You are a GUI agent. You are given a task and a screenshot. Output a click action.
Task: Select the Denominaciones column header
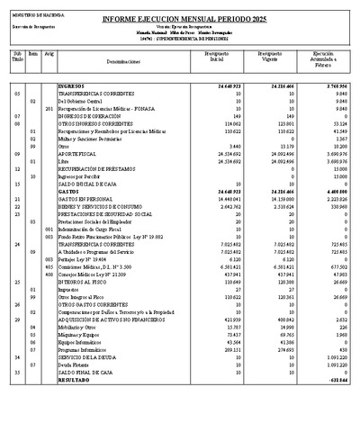[x=117, y=62]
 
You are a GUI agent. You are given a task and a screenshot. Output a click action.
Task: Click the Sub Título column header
[x=17, y=58]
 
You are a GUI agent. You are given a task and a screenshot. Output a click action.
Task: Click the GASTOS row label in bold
[x=70, y=192]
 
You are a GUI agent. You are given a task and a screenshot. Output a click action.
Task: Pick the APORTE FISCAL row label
[x=81, y=154]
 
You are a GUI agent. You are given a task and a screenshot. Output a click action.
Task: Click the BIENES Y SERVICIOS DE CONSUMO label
[x=98, y=206]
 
